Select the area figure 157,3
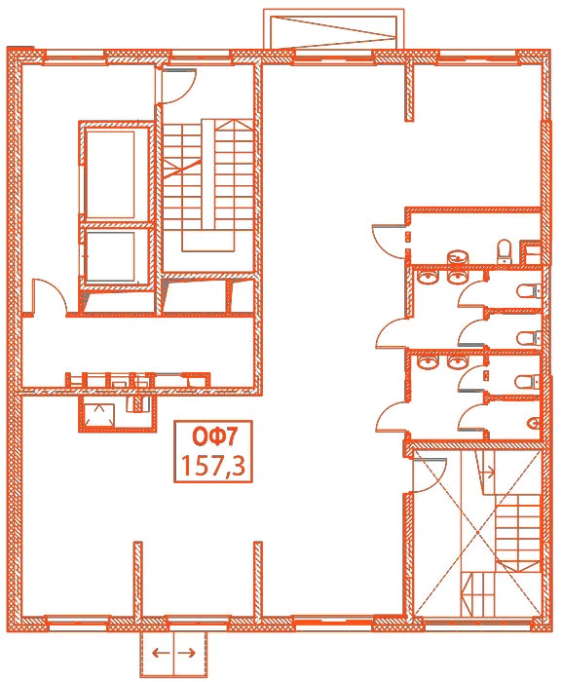[x=213, y=465]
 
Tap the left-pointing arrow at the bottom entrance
[x=161, y=653]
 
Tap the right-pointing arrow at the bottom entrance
[x=187, y=653]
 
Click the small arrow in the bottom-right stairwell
[x=489, y=472]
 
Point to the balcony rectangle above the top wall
[x=334, y=29]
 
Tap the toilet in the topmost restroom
[x=505, y=251]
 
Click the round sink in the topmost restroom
[x=458, y=257]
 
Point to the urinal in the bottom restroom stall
[x=534, y=423]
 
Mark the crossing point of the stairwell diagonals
[x=477, y=532]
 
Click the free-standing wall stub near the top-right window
[x=409, y=93]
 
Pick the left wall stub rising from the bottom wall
[x=138, y=580]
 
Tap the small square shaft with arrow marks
[x=99, y=415]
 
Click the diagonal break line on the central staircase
[x=182, y=167]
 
